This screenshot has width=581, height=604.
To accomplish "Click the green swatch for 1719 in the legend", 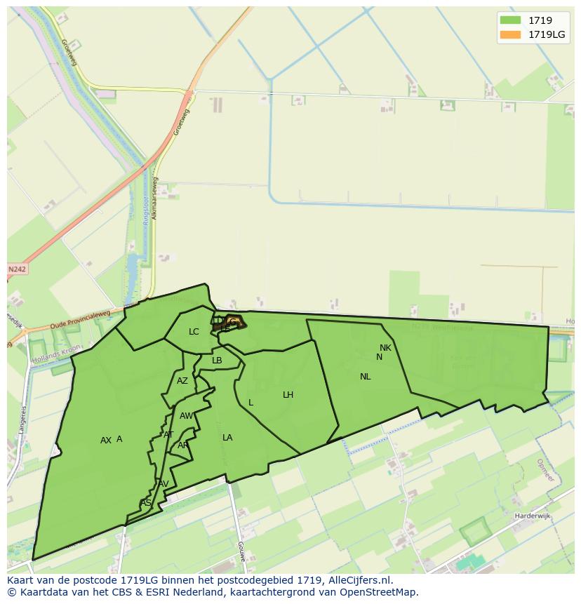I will click(x=510, y=21).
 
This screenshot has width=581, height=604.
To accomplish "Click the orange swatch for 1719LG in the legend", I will click(x=510, y=35).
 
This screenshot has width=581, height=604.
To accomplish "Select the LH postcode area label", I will click(x=288, y=395).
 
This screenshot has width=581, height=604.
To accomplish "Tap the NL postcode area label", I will click(x=365, y=377).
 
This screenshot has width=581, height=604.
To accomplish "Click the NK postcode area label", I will click(x=385, y=348).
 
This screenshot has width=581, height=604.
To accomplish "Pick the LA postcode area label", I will click(x=227, y=438).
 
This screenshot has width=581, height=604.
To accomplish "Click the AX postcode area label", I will click(x=105, y=441).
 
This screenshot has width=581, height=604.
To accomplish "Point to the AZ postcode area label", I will click(x=182, y=381).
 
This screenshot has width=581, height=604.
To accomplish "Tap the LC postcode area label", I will click(x=194, y=332).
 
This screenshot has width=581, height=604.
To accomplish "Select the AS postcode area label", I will click(x=145, y=503).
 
